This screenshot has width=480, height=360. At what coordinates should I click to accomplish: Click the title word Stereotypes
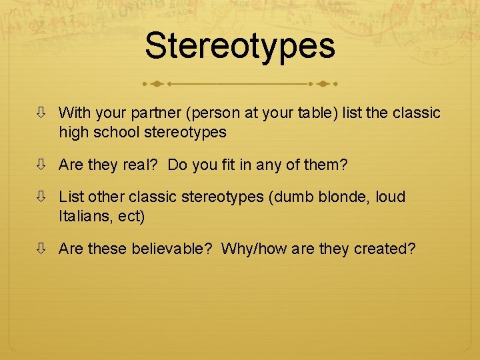pyautogui.click(x=239, y=46)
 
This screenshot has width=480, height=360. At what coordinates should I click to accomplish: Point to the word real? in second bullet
pyautogui.click(x=139, y=165)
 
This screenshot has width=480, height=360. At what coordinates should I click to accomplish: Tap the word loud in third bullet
pyautogui.click(x=390, y=197)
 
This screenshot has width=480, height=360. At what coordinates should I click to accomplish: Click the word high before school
pyautogui.click(x=74, y=132)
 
